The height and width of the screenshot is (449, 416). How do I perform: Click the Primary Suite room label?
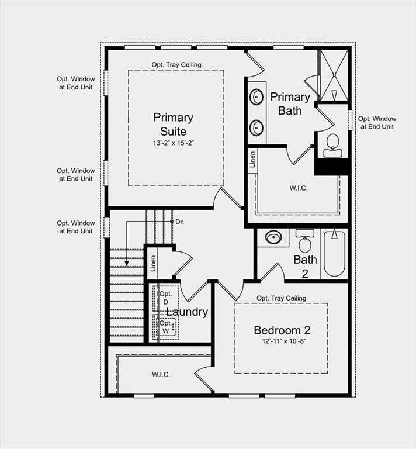pos(173,124)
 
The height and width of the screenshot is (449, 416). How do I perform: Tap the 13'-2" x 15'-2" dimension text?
pos(173,143)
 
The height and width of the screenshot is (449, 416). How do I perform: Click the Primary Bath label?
pos(290,103)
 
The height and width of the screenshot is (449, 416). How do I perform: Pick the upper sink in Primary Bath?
pos(256,97)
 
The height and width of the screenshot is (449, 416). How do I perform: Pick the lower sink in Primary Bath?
pos(256,127)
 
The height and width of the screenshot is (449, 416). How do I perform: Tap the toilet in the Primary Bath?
pos(332,144)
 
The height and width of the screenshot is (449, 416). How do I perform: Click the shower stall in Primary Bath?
pos(334,75)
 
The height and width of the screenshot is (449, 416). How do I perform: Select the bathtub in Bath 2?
pos(334,253)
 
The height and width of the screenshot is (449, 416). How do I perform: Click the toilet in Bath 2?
pos(305,241)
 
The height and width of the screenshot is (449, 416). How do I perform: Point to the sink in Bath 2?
pos(273,237)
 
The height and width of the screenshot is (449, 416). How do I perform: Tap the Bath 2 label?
pos(305,265)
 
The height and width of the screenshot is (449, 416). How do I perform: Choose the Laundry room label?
pos(187,312)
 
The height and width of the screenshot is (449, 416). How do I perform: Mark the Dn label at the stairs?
pos(179,222)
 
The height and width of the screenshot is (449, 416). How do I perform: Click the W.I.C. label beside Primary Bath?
pos(298,188)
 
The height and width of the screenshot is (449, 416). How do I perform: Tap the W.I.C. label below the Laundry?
pos(161,374)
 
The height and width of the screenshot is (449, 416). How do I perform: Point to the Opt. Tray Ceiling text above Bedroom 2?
pos(281,298)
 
